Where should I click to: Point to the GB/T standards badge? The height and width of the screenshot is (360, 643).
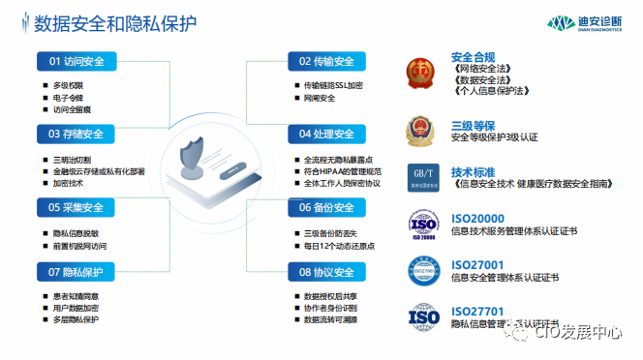(422, 176)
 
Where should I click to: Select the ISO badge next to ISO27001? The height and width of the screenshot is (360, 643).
(422, 270)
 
